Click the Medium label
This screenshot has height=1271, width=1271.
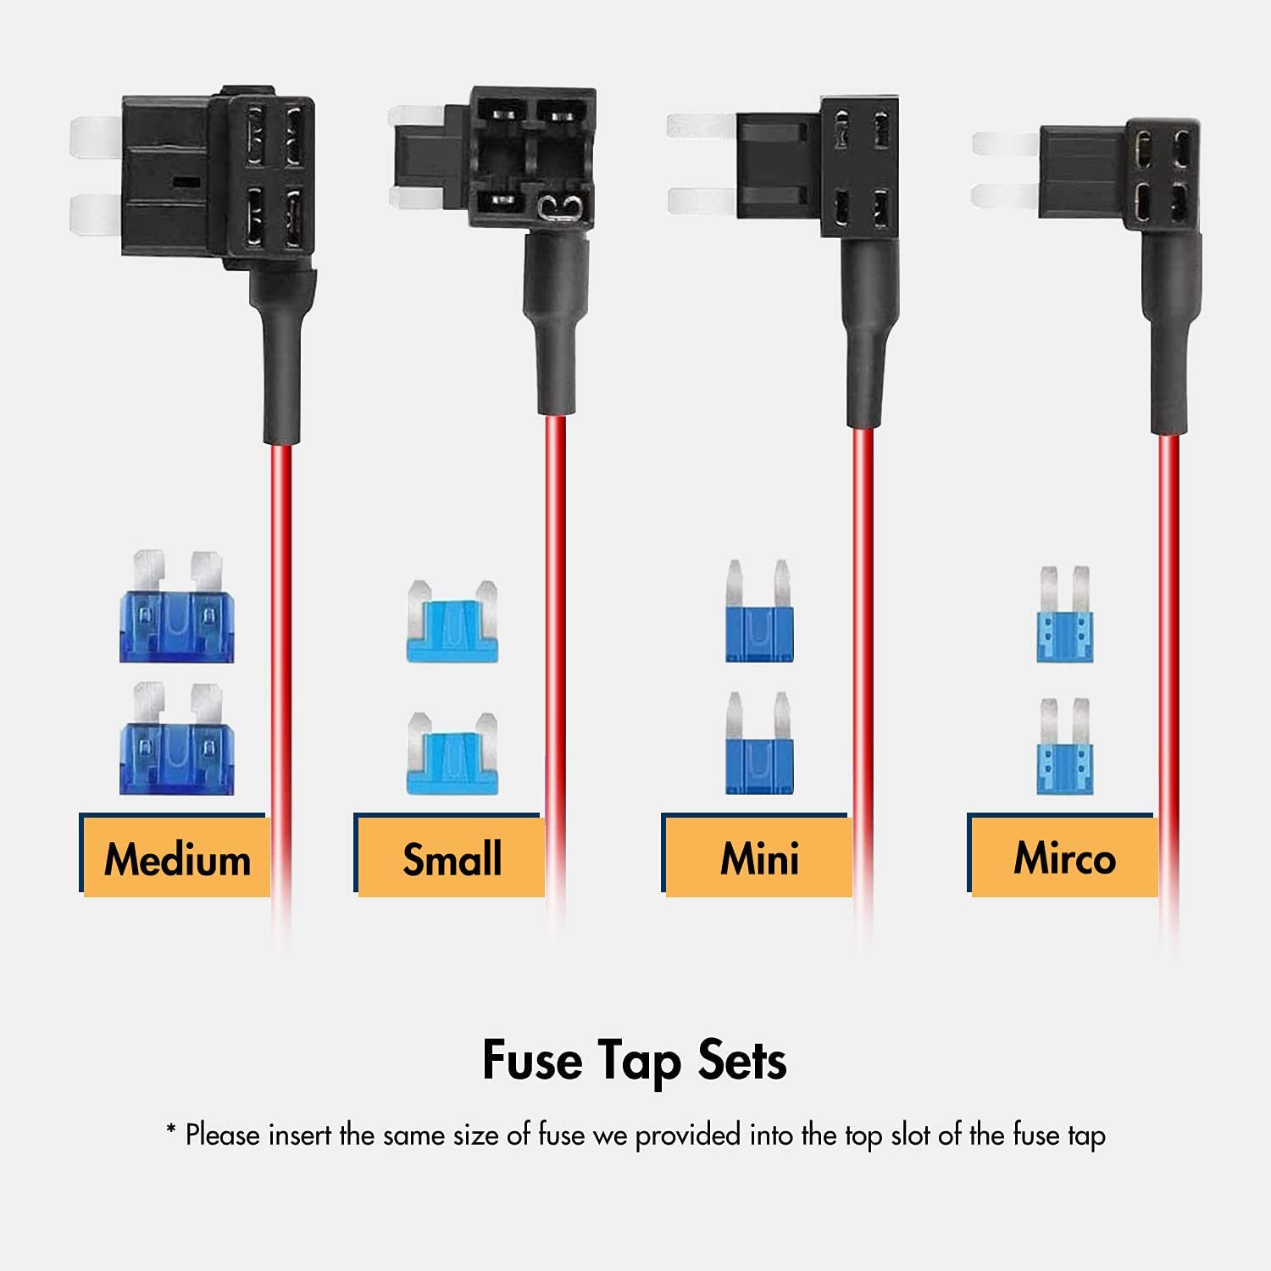click(x=177, y=858)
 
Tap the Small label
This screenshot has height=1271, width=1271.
click(x=452, y=858)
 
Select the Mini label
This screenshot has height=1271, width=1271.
click(x=759, y=858)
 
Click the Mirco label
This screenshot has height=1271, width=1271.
click(x=1064, y=858)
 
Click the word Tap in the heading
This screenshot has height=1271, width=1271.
click(x=639, y=1062)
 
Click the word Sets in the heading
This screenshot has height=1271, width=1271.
click(x=742, y=1059)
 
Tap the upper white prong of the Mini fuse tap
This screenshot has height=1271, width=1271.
click(x=700, y=126)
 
